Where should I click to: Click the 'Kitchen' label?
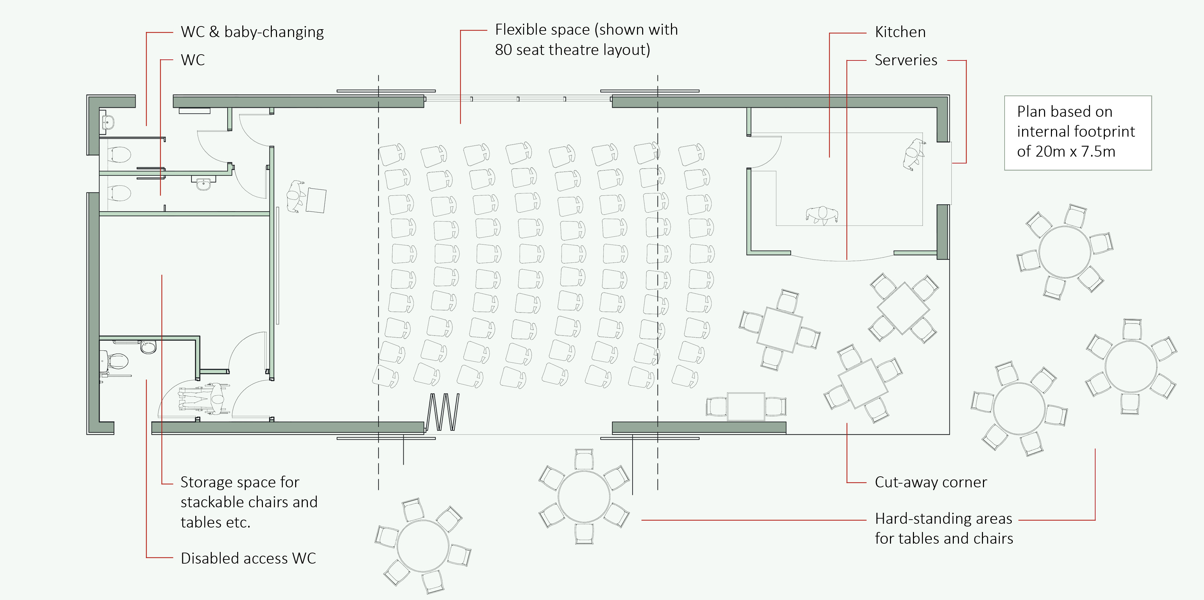tap(900, 32)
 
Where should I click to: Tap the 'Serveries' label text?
tap(905, 60)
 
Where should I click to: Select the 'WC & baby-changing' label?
tap(252, 32)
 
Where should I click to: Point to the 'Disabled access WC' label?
tap(248, 558)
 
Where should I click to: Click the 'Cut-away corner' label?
tap(930, 482)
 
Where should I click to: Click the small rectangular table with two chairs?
tap(746, 406)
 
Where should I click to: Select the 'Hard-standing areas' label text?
tap(943, 519)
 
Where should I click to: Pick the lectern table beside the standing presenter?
tap(316, 200)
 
